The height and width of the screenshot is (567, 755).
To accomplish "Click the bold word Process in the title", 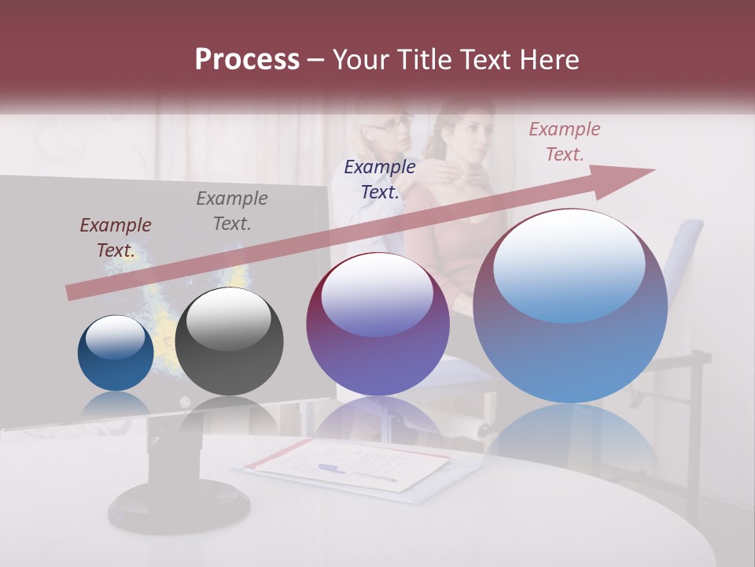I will click(x=247, y=60).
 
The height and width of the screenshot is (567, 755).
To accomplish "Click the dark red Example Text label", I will click(x=116, y=238).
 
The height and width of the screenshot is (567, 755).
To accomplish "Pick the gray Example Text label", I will click(x=232, y=211).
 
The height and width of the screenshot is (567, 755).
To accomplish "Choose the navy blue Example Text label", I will click(x=380, y=179).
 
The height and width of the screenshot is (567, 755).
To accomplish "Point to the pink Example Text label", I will click(x=564, y=142).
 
